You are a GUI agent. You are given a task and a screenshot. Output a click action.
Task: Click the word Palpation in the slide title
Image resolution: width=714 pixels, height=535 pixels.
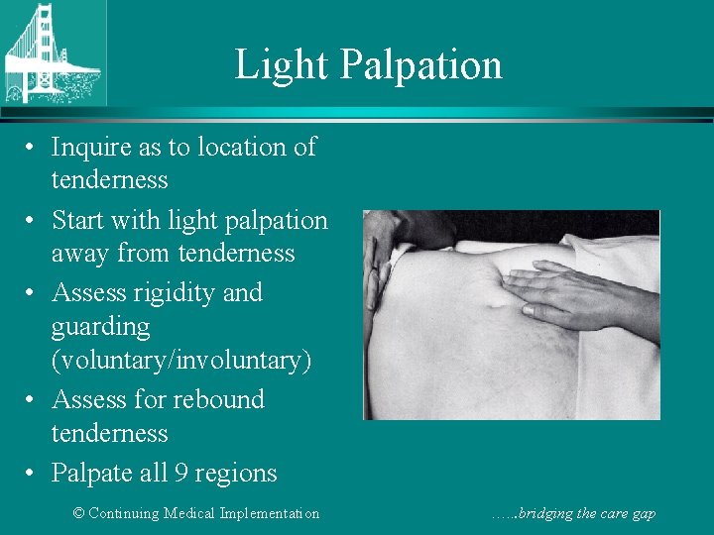421,65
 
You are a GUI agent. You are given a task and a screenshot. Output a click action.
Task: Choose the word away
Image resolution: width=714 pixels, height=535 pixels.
81,255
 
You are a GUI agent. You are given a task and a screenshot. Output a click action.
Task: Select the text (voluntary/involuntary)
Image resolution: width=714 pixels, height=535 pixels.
181,361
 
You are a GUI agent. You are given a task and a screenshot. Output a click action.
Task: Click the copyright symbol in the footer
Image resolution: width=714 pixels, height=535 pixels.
80,513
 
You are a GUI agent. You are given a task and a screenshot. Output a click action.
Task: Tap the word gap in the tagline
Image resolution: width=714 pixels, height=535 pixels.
642,514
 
